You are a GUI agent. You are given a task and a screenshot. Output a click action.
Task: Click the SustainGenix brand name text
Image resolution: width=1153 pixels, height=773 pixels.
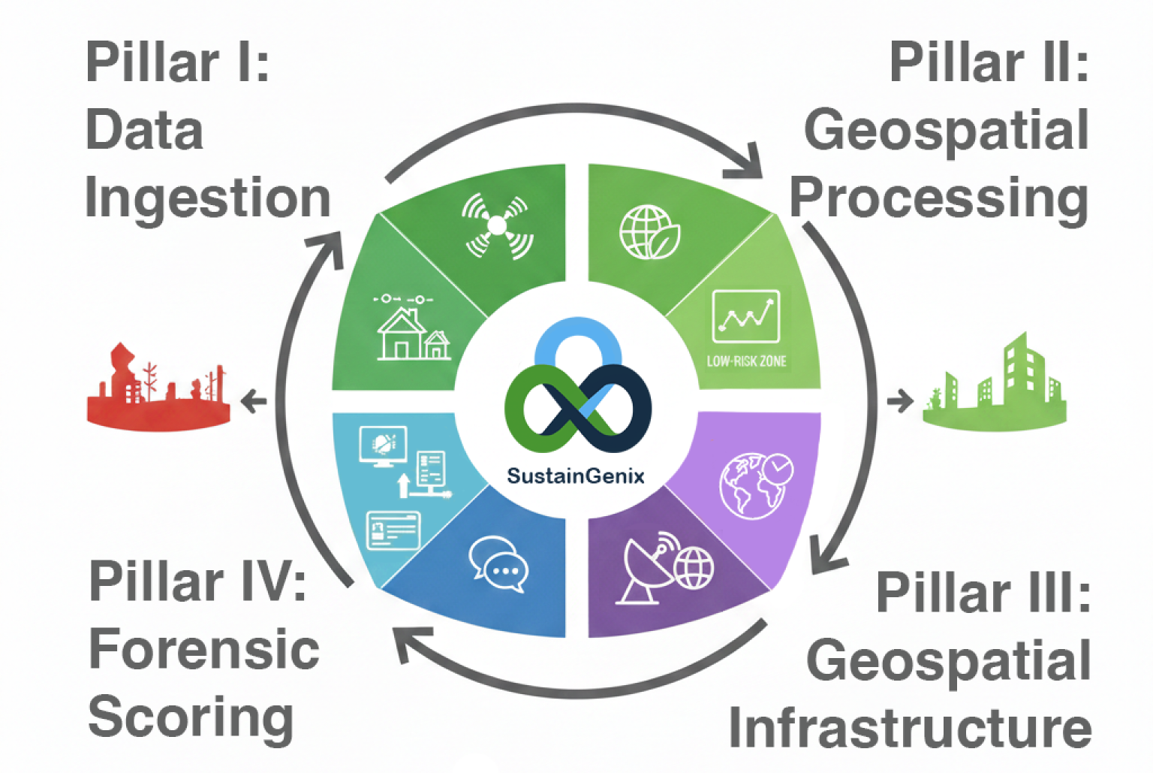(x=575, y=476)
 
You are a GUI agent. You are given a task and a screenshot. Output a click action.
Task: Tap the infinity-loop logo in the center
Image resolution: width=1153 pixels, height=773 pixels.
(x=576, y=391)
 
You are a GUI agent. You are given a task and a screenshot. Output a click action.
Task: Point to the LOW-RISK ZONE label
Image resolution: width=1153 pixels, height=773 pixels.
(x=746, y=361)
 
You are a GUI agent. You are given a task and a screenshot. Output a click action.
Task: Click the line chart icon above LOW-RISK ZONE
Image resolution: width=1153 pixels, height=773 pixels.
(x=745, y=316)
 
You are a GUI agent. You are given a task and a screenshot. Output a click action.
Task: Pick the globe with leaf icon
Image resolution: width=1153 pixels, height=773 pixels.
(x=649, y=232)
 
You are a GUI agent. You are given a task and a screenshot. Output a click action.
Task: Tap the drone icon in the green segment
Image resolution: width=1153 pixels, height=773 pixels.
(x=498, y=225)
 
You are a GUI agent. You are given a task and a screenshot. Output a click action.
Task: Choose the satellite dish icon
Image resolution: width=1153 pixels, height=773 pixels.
(x=646, y=569)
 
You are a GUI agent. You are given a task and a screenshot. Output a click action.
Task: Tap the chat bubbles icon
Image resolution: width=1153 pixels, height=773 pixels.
(x=498, y=565)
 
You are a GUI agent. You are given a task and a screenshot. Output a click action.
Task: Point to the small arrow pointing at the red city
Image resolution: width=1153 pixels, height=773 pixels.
(x=254, y=401)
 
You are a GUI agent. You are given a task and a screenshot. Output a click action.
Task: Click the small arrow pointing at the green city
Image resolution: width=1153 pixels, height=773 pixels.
(x=899, y=401)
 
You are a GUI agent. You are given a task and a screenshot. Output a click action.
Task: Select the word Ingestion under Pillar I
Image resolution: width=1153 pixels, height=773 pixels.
(x=208, y=199)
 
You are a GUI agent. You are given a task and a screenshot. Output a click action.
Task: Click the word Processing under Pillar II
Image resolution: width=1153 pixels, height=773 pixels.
(x=938, y=199)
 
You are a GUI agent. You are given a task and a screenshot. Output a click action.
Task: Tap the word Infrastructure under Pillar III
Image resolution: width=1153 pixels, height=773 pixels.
(x=910, y=728)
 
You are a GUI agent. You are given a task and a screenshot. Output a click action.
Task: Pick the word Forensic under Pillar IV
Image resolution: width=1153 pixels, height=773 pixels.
(x=204, y=649)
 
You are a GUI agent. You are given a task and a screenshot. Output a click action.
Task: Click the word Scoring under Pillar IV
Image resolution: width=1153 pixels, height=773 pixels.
(x=191, y=717)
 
